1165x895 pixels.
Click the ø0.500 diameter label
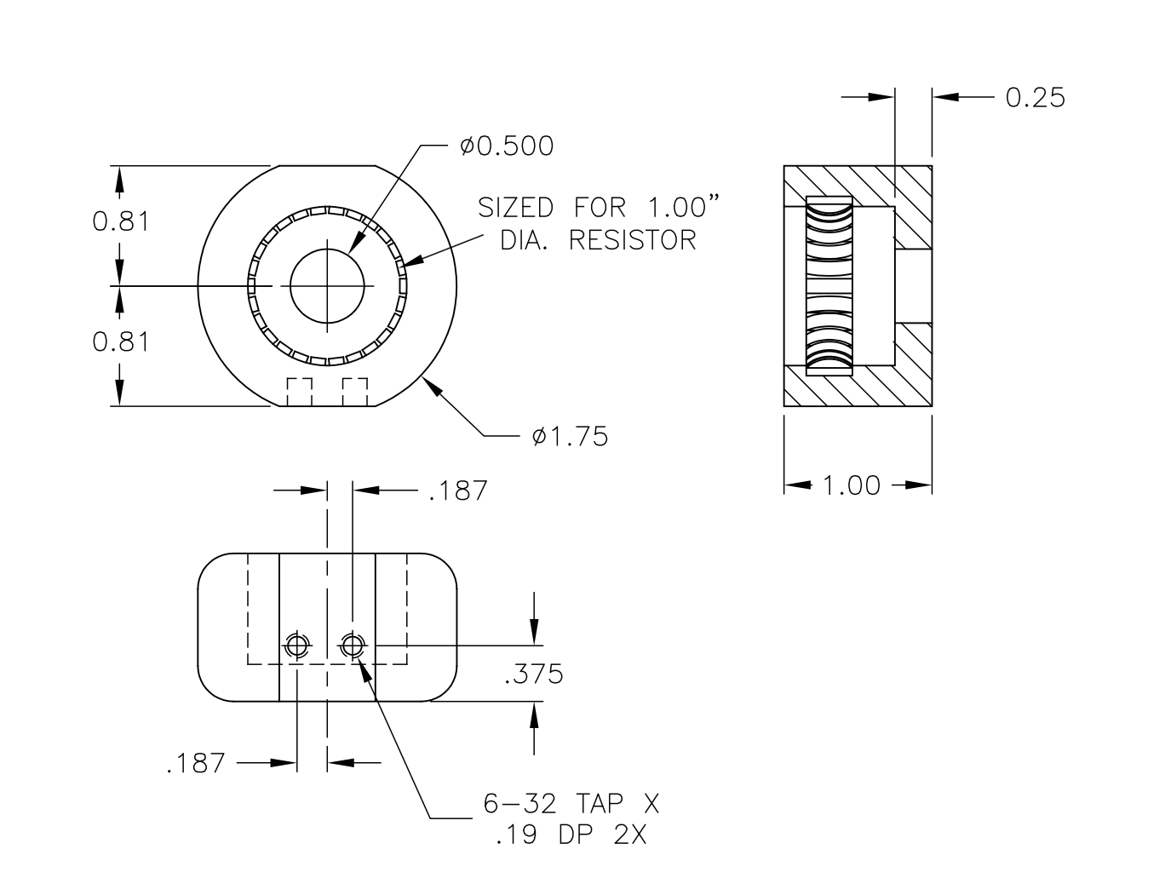coord(507,146)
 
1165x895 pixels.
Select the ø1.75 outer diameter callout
coord(570,437)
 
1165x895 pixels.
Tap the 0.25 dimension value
coord(1035,97)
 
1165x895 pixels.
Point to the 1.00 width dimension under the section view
coord(852,485)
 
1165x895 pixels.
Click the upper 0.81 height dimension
coord(121,221)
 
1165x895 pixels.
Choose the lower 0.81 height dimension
coord(121,341)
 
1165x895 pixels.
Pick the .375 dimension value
coord(533,674)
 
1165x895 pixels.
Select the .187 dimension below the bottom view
coord(196,763)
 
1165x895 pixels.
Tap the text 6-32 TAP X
coord(565,803)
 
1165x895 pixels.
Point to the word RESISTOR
coord(632,240)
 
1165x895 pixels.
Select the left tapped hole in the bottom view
coord(296,646)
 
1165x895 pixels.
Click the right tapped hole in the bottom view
coord(352,646)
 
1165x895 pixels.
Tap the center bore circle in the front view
coord(327,286)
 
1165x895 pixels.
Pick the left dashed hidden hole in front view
coord(299,392)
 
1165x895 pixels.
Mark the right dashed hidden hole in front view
coord(355,392)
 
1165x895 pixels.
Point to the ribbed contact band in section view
coord(829,286)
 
